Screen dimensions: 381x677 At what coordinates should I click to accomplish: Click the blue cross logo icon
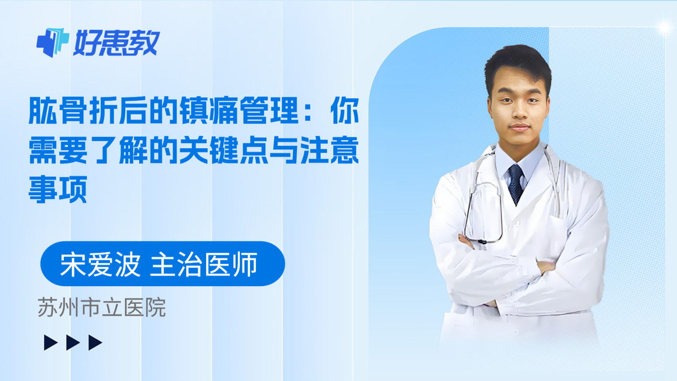52,42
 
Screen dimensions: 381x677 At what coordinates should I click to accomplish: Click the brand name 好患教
116,43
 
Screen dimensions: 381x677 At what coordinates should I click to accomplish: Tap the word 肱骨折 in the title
73,111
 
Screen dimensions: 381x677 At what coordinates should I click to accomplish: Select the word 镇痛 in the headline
209,111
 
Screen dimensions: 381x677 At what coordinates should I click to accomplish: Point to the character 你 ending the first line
345,111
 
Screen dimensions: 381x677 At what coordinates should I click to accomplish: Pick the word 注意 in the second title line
330,150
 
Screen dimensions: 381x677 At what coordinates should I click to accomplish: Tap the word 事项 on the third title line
58,189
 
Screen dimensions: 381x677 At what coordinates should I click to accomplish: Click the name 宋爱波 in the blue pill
100,265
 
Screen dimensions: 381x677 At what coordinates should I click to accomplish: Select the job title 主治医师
204,265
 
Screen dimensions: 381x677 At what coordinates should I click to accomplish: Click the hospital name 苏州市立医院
102,308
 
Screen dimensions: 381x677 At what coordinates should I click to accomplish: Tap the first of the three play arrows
51,342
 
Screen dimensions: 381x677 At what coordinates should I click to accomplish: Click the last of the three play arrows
95,342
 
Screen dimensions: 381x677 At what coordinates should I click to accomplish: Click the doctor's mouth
520,127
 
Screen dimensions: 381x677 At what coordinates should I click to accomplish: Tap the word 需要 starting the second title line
58,150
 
